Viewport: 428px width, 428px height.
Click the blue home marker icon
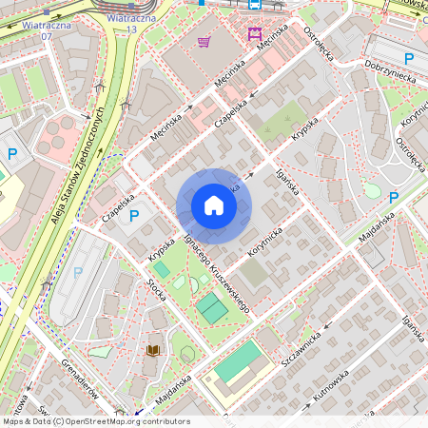tap(214, 205)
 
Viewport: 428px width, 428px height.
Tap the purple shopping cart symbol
tap(204, 41)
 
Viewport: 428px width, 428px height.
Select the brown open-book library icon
tap(152, 350)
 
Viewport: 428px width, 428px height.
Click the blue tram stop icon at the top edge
tap(254, 4)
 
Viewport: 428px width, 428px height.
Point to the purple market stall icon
tap(254, 34)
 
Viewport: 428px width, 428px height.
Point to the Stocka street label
tap(156, 284)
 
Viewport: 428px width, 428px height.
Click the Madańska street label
tap(379, 231)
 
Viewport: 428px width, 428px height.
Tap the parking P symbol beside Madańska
tap(393, 197)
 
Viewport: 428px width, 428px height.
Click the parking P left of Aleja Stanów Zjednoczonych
tap(13, 153)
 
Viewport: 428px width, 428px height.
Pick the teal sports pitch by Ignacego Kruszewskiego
tap(212, 307)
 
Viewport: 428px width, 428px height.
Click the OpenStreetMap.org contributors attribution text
tap(132, 421)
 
